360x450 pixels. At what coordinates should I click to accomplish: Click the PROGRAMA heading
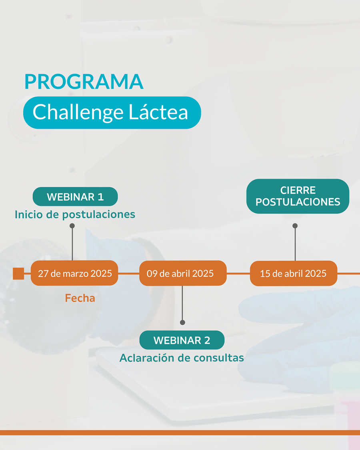point(84,81)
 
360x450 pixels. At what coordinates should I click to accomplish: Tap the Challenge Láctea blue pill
point(112,112)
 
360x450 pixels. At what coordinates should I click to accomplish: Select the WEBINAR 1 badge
point(75,197)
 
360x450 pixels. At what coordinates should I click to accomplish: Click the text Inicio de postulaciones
point(75,214)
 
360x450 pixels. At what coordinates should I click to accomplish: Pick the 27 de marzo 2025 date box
point(74,274)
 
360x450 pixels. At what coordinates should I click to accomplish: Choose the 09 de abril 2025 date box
point(182,274)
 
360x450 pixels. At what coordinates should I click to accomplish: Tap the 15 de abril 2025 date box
point(293,274)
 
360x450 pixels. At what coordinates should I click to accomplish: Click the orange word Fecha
point(80,298)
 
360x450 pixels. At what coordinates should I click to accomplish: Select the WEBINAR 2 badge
point(182,340)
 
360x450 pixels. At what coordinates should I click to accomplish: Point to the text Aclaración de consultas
point(182,358)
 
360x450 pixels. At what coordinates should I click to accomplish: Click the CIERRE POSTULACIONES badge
point(298,196)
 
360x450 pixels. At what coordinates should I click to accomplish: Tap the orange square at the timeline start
point(18,274)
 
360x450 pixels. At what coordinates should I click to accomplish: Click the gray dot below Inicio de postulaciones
point(72,226)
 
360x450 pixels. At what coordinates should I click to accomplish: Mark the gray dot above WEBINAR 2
point(182,322)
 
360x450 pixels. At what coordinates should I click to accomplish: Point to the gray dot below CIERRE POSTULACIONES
point(295,226)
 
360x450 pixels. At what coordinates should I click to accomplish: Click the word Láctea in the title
point(158,112)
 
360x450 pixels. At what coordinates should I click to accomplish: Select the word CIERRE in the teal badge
point(298,190)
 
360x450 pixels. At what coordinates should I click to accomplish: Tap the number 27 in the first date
point(43,274)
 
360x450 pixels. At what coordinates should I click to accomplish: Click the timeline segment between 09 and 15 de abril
point(238,274)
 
